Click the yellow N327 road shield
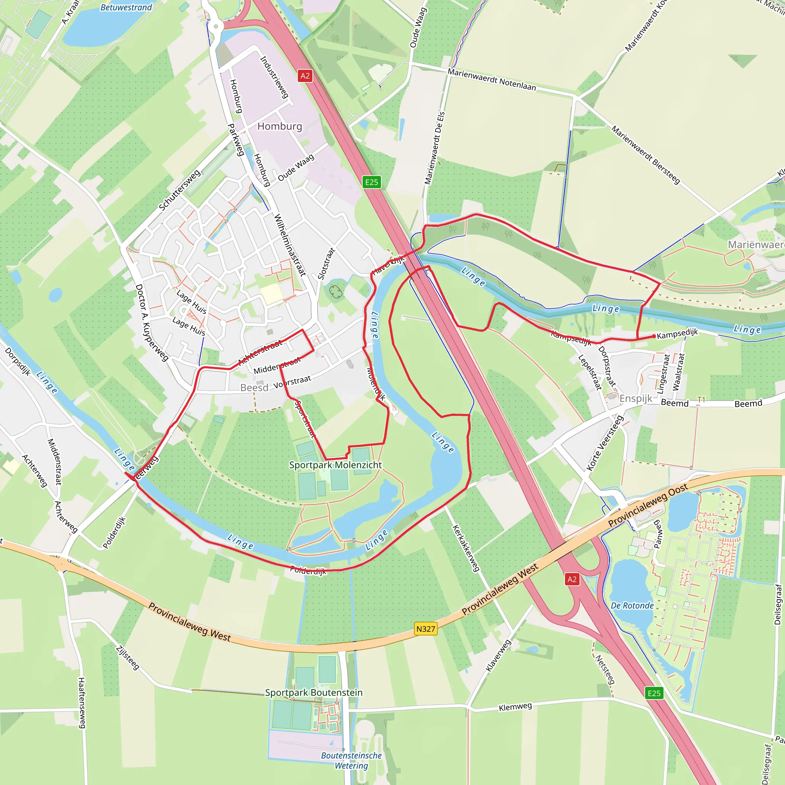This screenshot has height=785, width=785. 425,629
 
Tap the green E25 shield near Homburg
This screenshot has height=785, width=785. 371,182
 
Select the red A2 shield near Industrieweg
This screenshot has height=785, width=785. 305,76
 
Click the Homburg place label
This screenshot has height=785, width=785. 279,126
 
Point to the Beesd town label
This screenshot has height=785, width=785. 255,388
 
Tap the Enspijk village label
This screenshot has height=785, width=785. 636,398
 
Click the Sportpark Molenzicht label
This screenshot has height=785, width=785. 335,465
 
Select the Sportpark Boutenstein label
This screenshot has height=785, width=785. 314,693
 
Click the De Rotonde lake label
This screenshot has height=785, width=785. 632,605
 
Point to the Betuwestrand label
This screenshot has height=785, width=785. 126,7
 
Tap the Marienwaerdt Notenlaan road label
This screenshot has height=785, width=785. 492,80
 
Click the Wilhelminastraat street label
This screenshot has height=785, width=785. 290,245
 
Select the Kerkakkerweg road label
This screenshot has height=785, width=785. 466,548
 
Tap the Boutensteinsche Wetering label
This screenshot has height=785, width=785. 351,760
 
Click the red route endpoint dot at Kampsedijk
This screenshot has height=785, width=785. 654,336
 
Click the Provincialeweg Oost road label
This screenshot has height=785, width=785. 648,506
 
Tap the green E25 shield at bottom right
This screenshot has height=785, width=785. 654,693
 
